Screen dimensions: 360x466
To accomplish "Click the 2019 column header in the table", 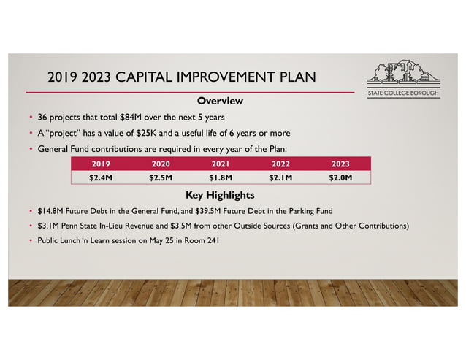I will point(100,164).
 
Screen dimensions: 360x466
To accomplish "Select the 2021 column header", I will point(221,164).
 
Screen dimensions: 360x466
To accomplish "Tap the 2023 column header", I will point(340,164).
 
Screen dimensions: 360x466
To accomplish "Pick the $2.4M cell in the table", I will point(100,177).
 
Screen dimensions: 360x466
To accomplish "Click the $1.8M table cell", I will point(221,177).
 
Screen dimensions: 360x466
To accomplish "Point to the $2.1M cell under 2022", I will point(280,177).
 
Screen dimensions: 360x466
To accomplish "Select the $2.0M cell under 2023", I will point(340,177).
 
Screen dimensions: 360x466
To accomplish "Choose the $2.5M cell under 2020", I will point(160,177).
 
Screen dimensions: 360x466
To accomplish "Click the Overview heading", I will point(220,100).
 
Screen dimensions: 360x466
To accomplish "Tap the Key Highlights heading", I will point(220,195).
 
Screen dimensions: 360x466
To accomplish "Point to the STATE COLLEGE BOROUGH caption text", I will point(402,94).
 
